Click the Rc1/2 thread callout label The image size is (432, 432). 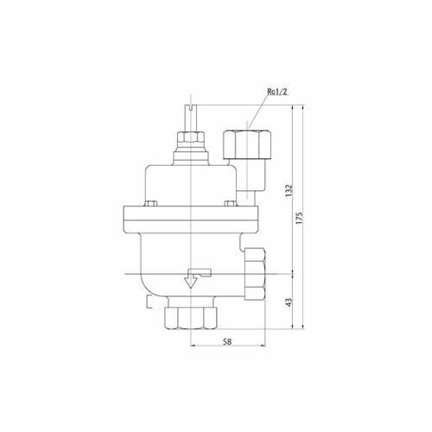click(277, 92)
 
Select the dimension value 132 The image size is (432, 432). click(289, 190)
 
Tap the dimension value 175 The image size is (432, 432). click(300, 219)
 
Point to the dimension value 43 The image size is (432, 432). click(289, 302)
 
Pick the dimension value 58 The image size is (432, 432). click(227, 341)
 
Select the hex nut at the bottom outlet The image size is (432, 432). click(190, 318)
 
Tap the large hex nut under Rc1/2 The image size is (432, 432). click(247, 144)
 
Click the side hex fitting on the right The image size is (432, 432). click(255, 274)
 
